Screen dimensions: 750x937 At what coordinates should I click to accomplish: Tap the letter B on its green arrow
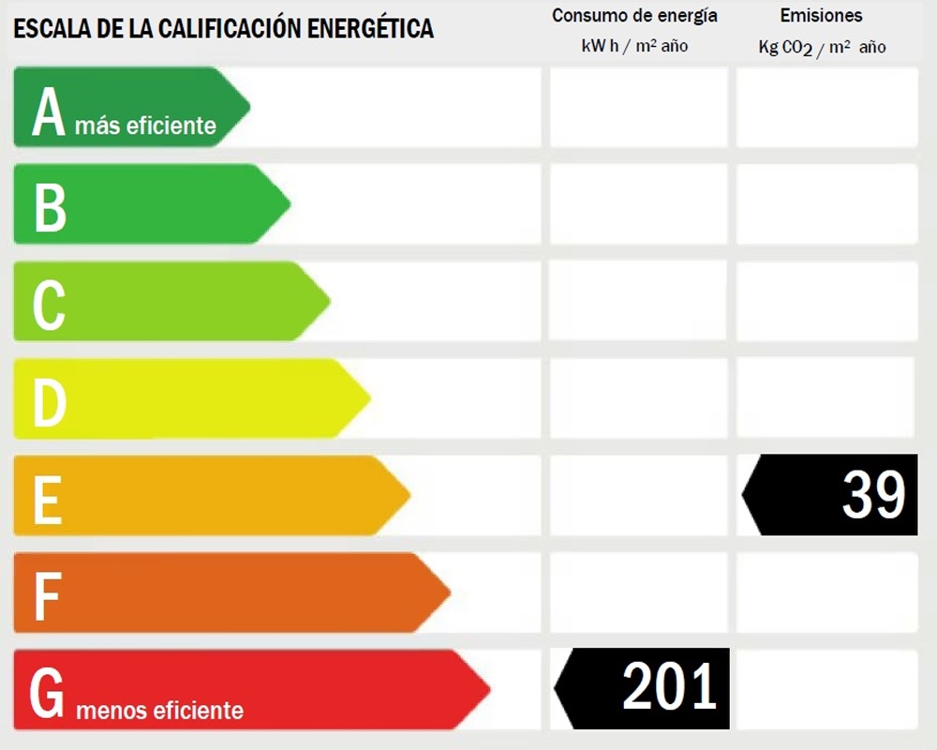pos(51,208)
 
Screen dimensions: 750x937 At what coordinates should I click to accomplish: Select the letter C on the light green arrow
pos(49,306)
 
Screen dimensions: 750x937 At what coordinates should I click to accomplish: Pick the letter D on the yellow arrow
pos(50,403)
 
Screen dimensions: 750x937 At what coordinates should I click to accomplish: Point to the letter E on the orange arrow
pos(48,500)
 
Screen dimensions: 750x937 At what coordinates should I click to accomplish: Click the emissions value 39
pos(873,495)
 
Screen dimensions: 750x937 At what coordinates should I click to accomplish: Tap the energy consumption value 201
pos(669,687)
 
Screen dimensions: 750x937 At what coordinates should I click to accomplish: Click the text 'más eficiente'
pos(145,126)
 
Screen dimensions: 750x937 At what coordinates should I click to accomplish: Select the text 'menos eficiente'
pos(159,711)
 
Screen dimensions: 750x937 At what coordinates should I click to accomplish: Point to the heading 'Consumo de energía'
pos(634,16)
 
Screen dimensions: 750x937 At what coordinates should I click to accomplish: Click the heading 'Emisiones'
pos(821,16)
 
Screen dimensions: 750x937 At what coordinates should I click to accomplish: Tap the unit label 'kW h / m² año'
pos(634,46)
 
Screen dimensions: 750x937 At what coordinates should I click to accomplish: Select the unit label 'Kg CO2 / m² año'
pos(822,47)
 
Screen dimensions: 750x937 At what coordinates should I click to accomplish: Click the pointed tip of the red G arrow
pos(488,691)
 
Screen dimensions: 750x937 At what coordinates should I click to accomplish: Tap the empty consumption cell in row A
pos(638,107)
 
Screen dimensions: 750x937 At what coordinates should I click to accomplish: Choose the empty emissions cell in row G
pos(826,689)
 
